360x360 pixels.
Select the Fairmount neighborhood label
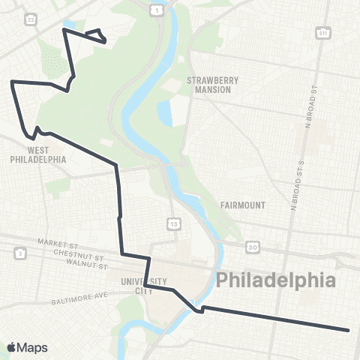pos(242,204)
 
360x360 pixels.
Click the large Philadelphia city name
pos(275,281)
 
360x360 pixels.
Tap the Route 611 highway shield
pos(323,33)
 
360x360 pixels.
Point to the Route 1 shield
pos(156,10)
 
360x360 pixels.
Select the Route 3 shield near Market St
pos(19,253)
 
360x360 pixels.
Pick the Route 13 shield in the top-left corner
pos(30,18)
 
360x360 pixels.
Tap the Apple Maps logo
pos(27,347)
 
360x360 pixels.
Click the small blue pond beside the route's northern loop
pos(70,25)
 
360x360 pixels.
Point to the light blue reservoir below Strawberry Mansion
pos(179,112)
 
